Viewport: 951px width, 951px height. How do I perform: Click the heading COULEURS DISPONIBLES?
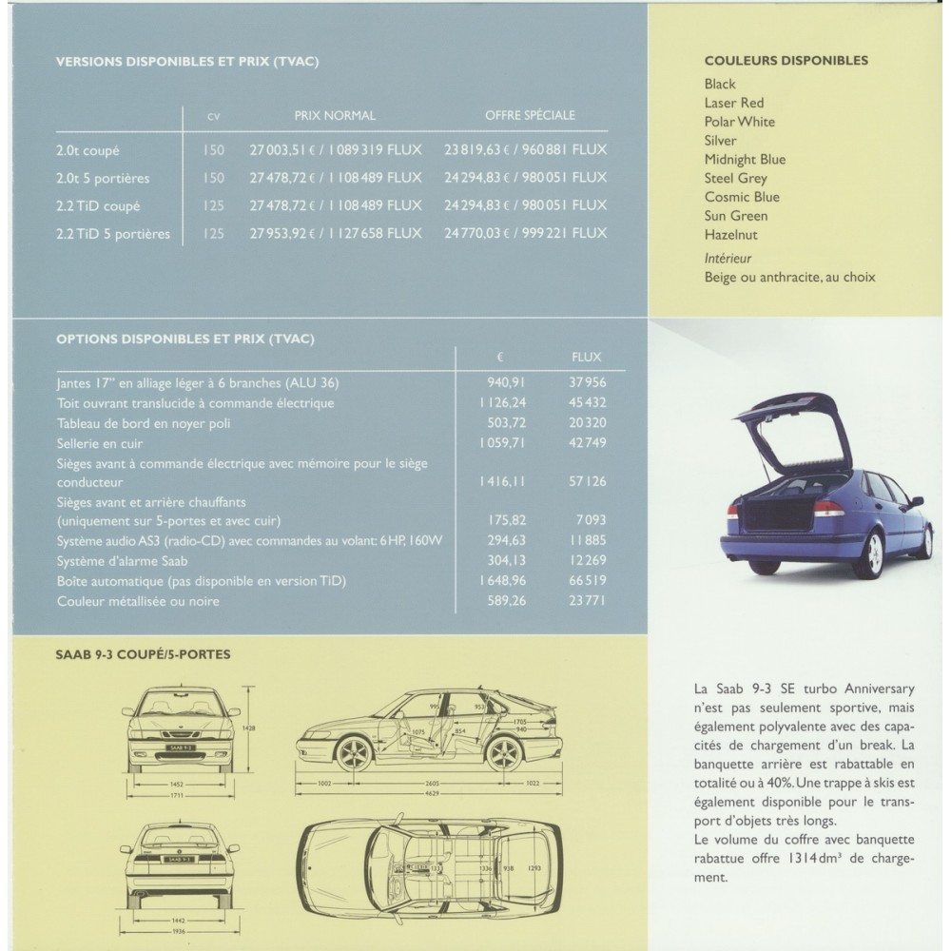[x=786, y=61]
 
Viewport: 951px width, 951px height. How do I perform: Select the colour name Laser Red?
[x=733, y=103]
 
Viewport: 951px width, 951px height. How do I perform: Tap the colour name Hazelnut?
[x=730, y=235]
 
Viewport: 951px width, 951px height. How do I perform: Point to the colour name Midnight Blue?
[x=745, y=159]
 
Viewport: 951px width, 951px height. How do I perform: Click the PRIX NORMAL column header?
[x=335, y=116]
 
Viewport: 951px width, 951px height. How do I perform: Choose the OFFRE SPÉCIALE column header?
[x=530, y=116]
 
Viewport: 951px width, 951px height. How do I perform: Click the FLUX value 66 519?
[x=589, y=581]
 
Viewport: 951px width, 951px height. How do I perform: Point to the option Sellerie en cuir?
[x=101, y=443]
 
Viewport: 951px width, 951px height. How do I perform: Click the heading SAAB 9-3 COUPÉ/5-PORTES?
[x=143, y=654]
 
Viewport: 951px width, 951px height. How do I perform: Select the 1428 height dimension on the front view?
[x=250, y=728]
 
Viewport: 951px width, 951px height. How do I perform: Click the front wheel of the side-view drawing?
[x=354, y=752]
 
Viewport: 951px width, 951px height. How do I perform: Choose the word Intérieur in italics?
[x=728, y=258]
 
